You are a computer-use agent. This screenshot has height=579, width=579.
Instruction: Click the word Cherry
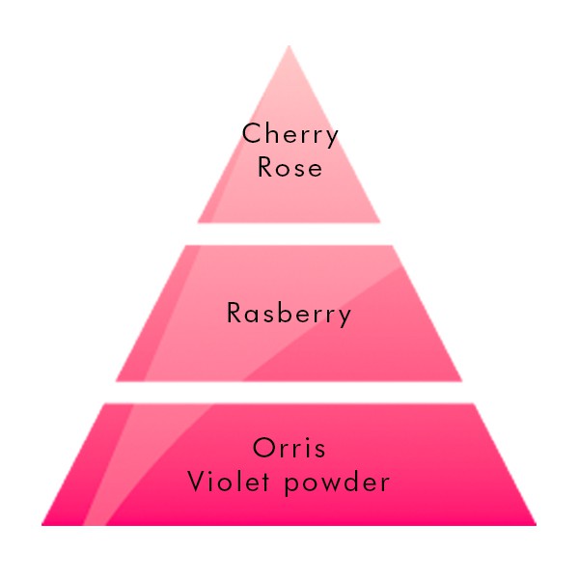pyautogui.click(x=289, y=135)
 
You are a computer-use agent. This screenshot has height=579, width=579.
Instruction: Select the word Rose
pyautogui.click(x=289, y=167)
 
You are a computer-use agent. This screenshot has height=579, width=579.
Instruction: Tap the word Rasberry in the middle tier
pyautogui.click(x=289, y=315)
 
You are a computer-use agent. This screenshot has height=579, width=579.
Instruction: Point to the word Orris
pyautogui.click(x=289, y=448)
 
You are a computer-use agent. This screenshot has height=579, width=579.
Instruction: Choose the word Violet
pyautogui.click(x=228, y=482)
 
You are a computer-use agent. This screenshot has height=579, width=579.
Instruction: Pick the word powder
pyautogui.click(x=337, y=483)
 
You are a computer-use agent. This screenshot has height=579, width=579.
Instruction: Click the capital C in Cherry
pyautogui.click(x=252, y=133)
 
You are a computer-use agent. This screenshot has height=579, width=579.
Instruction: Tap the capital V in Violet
pyautogui.click(x=198, y=482)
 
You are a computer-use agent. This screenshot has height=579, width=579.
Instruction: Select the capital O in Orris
pyautogui.click(x=264, y=448)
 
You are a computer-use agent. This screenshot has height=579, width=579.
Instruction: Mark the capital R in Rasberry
pyautogui.click(x=234, y=313)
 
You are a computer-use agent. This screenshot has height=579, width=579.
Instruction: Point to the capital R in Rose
pyautogui.click(x=265, y=167)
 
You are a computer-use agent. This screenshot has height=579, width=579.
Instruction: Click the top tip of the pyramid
pyautogui.click(x=289, y=45)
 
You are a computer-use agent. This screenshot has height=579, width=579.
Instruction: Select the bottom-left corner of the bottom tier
pyautogui.click(x=41, y=525)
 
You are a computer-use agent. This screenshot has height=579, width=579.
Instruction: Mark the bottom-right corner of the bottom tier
pyautogui.click(x=537, y=525)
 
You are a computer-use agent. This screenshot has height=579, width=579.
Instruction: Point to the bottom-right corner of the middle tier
pyautogui.click(x=462, y=381)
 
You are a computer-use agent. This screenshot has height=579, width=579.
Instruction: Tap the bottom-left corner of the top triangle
pyautogui.click(x=198, y=223)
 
